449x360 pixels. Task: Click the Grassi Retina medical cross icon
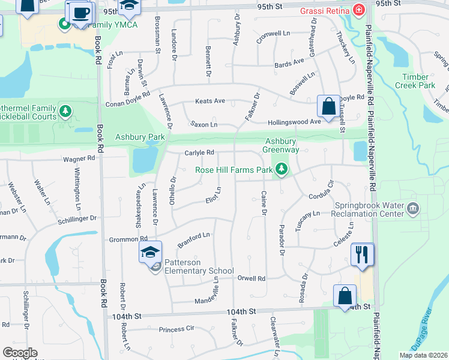(358, 10)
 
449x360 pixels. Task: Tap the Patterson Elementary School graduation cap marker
(151, 253)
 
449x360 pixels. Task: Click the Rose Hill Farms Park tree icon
(280, 170)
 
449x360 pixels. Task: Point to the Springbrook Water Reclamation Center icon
(412, 209)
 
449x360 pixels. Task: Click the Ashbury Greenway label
(282, 145)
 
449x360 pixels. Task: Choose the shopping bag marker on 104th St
(345, 296)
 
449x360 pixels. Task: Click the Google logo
(20, 353)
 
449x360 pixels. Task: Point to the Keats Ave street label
(209, 101)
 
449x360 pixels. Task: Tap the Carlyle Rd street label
(199, 152)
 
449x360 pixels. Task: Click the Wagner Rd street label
(79, 158)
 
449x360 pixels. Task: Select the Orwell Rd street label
(251, 278)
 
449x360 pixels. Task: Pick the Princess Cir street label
(177, 329)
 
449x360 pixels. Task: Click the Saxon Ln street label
(203, 124)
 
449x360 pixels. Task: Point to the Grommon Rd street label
(124, 239)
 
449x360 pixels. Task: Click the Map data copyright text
(423, 355)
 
